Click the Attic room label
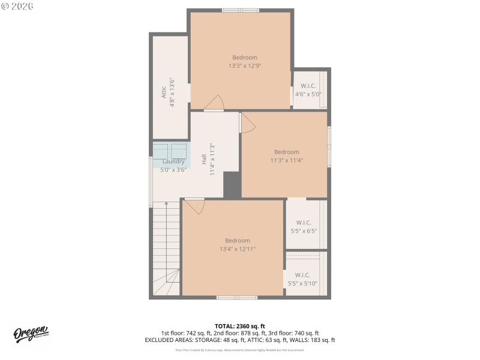pos(163,92)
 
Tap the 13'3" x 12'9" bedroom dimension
pos(244,66)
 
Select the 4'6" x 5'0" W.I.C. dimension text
pos(308,94)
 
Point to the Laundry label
pos(173,161)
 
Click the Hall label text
pos(204,160)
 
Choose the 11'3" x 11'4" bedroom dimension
pos(286,160)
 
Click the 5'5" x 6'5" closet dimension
pos(303,230)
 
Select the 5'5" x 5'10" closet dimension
pos(303,283)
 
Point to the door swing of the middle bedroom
pos(247,124)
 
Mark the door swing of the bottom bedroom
pos(194,206)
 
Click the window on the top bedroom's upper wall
pos(240,10)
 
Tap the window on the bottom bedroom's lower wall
pos(237,297)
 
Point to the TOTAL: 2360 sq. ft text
pos(239,326)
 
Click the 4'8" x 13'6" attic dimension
pos(172,92)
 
